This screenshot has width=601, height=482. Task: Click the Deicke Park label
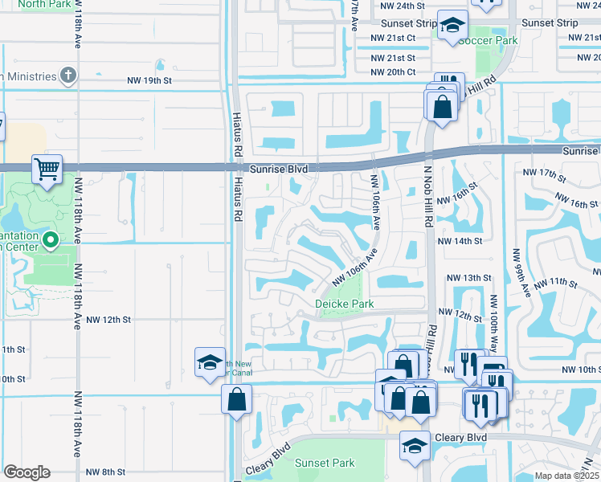344,304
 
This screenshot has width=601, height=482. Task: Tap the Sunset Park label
325,463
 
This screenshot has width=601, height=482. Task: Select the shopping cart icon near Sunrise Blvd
47,170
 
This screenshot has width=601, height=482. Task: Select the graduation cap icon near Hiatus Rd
209,362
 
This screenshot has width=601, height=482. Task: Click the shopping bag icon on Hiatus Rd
238,399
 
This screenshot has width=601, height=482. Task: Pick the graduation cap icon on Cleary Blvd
415,447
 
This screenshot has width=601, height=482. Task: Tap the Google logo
27,472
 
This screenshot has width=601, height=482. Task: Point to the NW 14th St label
460,240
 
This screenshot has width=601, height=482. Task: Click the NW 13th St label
472,278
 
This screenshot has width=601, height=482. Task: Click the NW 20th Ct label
394,71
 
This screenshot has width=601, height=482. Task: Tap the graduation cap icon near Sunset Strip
452,25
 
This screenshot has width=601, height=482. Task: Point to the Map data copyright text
566,476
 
